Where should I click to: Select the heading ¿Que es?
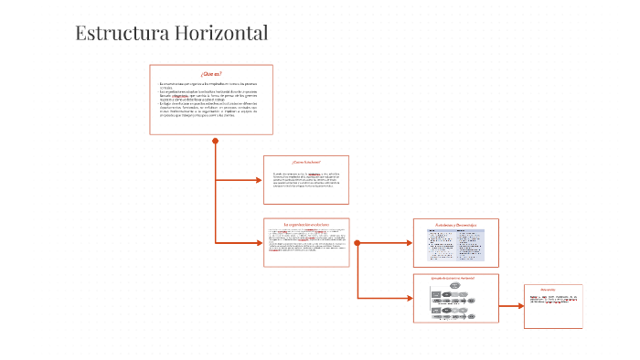pos(211,73)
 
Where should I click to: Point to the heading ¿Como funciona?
pos(306,163)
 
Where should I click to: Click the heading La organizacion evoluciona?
pos(305,224)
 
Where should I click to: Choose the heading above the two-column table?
pos(455,224)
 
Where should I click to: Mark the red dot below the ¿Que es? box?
pos(216,141)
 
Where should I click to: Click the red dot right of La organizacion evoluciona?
pos(357,243)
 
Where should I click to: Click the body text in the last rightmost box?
pos(552,299)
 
